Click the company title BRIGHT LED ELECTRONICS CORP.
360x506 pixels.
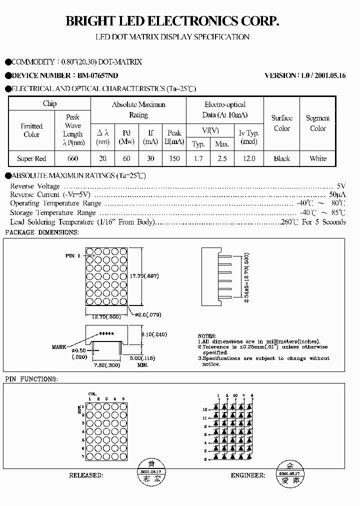(x=172, y=21)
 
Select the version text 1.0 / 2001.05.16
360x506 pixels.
(x=323, y=75)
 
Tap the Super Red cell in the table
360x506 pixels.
(x=31, y=158)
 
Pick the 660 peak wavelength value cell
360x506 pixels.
(x=72, y=158)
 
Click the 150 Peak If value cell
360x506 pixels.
(x=174, y=158)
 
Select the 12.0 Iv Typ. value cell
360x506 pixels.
(x=248, y=158)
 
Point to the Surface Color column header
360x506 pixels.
(x=282, y=123)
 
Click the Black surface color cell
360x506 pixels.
(x=282, y=158)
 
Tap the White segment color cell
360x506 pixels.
(x=318, y=158)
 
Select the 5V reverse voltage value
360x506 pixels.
(x=341, y=186)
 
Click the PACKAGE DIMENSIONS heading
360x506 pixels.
(x=41, y=232)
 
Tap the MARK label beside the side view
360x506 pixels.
(x=59, y=346)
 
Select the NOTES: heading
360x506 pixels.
(x=207, y=336)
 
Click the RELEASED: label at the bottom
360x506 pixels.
(x=86, y=475)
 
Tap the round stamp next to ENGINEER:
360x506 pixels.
(x=289, y=473)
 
